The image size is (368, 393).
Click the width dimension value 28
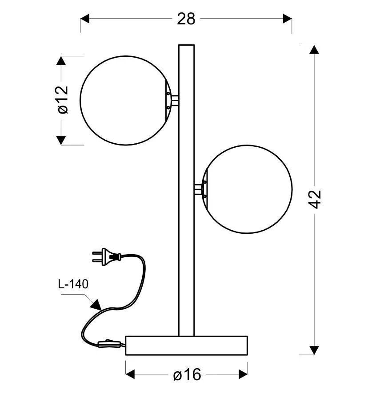click(x=186, y=19)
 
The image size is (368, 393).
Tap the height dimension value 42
click(x=315, y=199)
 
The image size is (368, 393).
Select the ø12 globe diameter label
click(x=63, y=100)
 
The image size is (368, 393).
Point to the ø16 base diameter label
click(x=187, y=375)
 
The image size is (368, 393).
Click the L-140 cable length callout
click(x=73, y=284)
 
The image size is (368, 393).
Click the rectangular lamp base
click(x=187, y=346)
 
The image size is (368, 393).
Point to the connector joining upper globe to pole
click(x=174, y=100)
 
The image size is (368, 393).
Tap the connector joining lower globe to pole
click(x=198, y=189)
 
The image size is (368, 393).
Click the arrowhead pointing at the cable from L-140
click(x=96, y=305)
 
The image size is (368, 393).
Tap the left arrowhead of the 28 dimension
click(x=85, y=19)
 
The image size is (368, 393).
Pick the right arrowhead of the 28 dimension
click(x=288, y=19)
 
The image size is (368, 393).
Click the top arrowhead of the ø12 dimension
click(x=61, y=61)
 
